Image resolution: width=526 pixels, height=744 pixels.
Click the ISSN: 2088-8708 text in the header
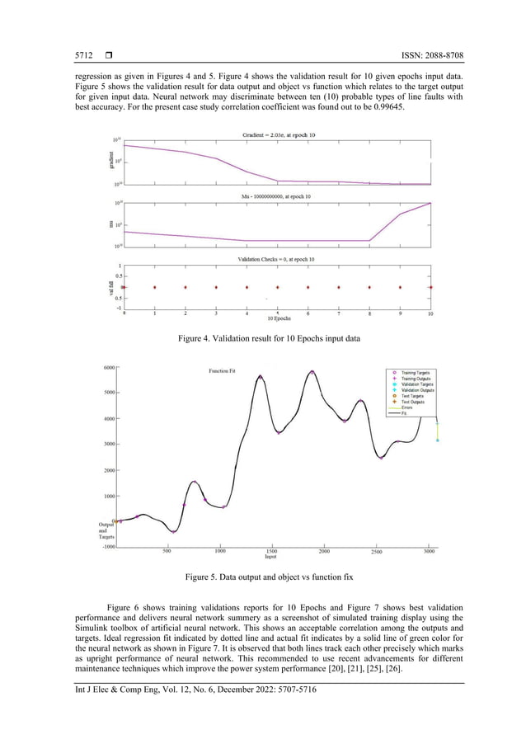point(428,55)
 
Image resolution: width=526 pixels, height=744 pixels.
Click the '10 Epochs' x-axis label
point(278,318)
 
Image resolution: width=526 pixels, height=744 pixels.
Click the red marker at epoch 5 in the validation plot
point(278,287)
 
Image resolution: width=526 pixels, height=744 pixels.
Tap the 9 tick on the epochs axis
point(400,313)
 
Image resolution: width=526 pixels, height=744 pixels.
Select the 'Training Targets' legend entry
point(418,372)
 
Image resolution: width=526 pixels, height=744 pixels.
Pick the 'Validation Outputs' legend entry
point(418,389)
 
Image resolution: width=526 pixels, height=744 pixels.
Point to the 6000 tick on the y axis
point(108,368)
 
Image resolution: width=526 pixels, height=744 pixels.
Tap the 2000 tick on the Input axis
point(324,550)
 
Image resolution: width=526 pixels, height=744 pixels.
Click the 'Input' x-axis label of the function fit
point(270,558)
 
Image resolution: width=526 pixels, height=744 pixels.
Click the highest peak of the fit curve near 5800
point(312,372)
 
